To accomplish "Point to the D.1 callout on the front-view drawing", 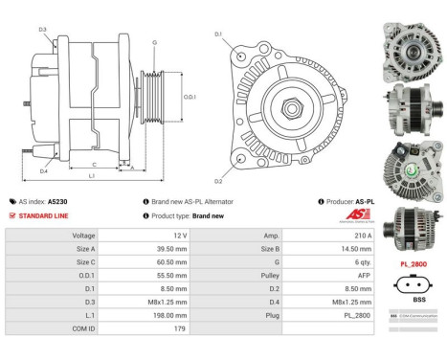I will point(218,35).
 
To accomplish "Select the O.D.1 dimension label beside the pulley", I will point(190,97).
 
